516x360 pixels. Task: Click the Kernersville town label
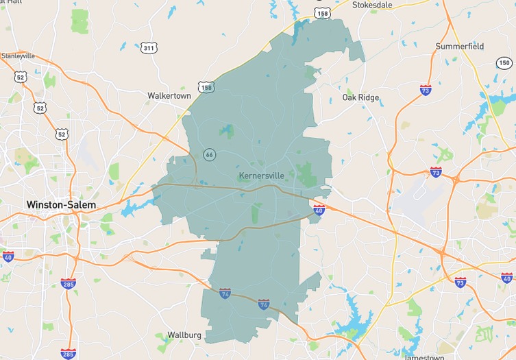261,176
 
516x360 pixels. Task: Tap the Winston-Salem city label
61,205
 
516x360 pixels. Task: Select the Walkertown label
169,96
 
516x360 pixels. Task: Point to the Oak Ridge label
360,98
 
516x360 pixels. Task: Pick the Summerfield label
460,47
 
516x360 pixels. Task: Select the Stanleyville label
18,56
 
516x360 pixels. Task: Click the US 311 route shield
149,48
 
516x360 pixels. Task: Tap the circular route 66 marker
209,155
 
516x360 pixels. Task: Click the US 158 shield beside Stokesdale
321,12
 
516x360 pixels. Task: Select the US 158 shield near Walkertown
206,87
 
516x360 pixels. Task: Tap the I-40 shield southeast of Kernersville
319,211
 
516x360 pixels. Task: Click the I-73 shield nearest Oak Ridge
426,90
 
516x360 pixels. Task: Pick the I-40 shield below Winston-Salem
8,256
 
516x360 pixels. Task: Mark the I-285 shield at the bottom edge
68,354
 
